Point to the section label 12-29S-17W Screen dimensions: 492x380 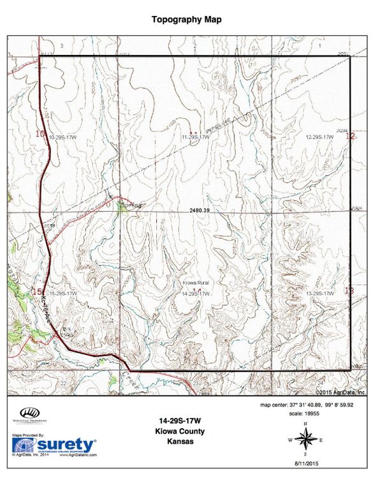coord(320,137)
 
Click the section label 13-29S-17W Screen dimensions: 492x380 coord(320,293)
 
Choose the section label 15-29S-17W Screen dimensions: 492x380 coord(62,293)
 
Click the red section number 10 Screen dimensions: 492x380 coord(40,134)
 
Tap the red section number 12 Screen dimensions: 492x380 coord(349,136)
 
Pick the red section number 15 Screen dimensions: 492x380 coord(36,292)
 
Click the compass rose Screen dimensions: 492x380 coord(305,439)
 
